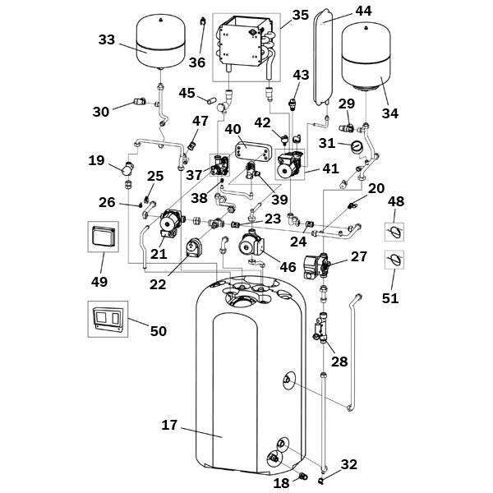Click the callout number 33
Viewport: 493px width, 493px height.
pos(107,40)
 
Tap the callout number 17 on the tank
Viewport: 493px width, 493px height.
pos(169,425)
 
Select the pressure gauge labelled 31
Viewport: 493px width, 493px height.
pos(357,146)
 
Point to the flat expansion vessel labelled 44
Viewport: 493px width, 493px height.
pos(321,56)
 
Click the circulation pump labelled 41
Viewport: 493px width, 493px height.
pos(289,164)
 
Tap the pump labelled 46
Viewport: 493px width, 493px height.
pos(252,245)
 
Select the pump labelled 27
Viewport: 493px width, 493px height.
pos(316,266)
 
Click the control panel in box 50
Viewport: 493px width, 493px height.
pos(108,319)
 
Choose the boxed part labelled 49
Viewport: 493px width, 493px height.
pos(104,237)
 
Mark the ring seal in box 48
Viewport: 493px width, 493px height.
pos(394,232)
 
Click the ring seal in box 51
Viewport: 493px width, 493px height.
pos(394,260)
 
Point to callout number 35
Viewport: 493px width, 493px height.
pos(301,15)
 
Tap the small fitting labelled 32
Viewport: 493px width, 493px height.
pos(321,480)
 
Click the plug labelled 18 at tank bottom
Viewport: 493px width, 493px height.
pos(304,477)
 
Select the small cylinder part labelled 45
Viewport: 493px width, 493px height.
pos(210,100)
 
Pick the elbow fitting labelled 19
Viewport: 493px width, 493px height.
pos(127,168)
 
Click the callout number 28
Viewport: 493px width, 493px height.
pos(339,362)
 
